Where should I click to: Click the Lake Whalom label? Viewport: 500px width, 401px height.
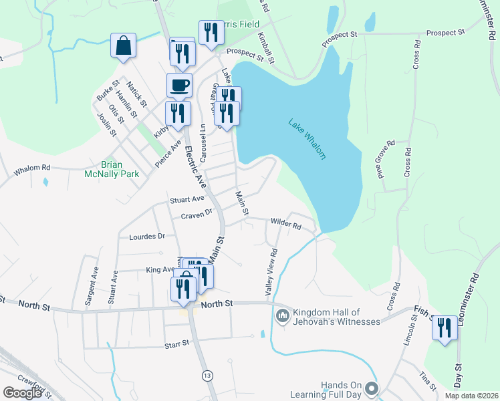(307, 139)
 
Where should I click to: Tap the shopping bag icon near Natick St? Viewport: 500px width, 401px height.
(123, 47)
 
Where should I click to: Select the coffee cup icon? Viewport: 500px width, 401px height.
(179, 86)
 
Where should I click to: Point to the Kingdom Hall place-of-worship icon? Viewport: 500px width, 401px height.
(282, 313)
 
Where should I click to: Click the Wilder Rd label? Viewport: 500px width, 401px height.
(285, 224)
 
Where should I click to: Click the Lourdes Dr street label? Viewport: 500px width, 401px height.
(142, 237)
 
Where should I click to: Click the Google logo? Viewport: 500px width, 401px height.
(23, 393)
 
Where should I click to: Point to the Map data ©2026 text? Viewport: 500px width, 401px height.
(471, 396)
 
